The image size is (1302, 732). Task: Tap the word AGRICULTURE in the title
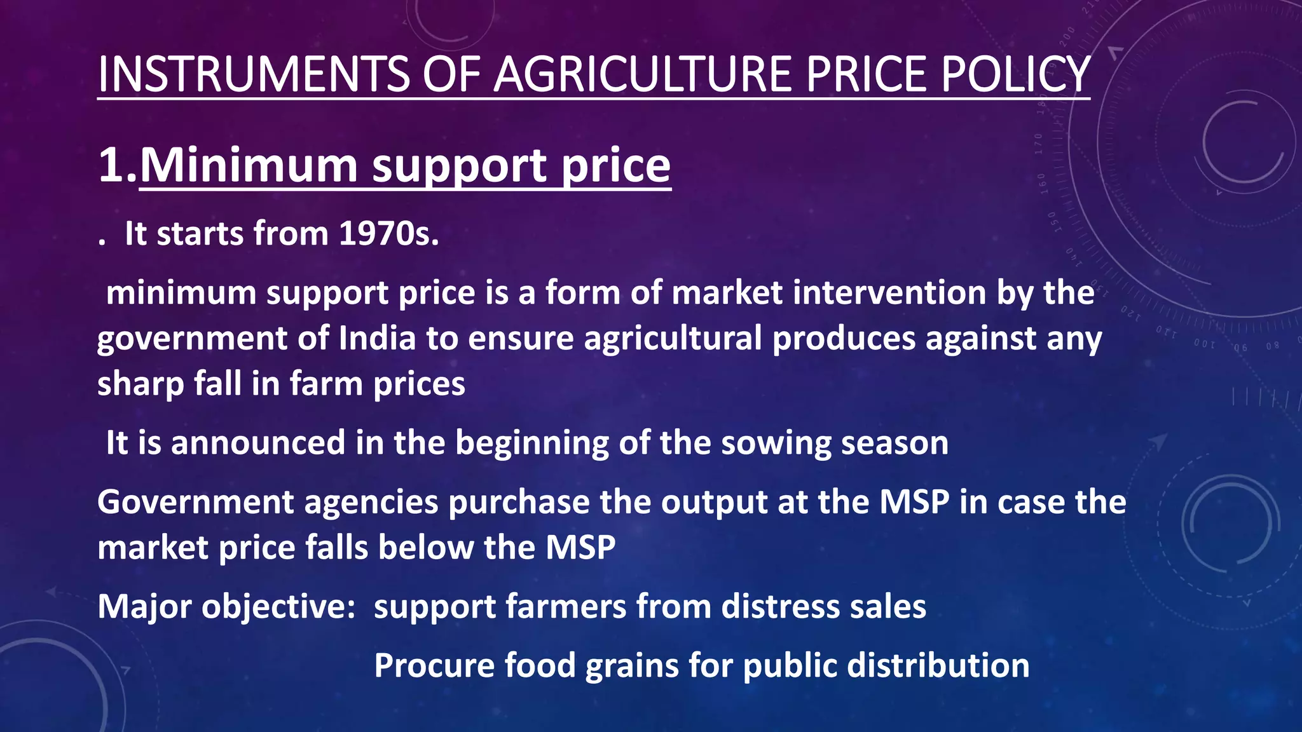click(x=642, y=74)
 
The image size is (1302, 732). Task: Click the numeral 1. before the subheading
click(x=118, y=166)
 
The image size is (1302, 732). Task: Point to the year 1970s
click(x=388, y=234)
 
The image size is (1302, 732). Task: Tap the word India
click(x=377, y=338)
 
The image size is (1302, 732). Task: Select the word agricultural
click(x=673, y=338)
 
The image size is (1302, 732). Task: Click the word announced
click(x=258, y=443)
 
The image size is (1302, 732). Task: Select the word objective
click(x=278, y=607)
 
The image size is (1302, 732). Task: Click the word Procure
click(x=434, y=666)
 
